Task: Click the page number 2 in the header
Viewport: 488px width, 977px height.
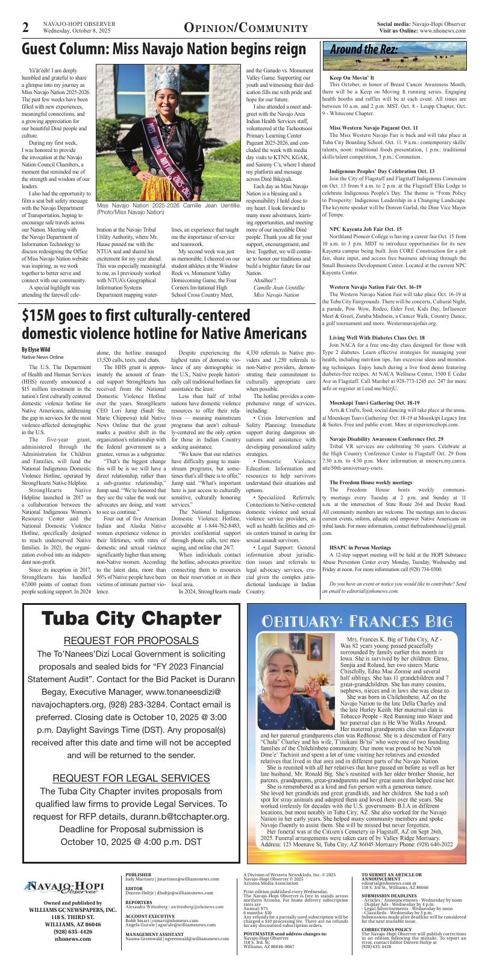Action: (26, 27)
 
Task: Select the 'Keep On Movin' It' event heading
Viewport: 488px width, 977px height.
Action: (351, 78)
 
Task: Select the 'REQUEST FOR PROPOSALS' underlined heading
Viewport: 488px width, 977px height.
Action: (131, 640)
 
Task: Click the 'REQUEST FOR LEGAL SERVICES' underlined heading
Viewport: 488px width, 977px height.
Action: (131, 777)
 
